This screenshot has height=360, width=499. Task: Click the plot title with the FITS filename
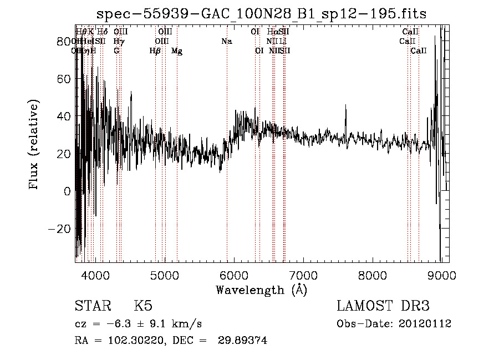click(262, 13)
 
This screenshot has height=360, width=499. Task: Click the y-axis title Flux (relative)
click(34, 145)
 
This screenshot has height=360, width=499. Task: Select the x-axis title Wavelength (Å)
click(261, 290)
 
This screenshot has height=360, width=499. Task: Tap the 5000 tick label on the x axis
click(165, 275)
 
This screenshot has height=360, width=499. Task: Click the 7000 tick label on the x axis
click(303, 275)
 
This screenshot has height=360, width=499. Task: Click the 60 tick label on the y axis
click(63, 79)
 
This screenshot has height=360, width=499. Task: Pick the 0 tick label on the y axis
click(67, 191)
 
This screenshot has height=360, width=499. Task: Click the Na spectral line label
click(226, 42)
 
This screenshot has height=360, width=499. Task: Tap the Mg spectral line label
click(177, 51)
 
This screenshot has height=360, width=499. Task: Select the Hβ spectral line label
click(155, 51)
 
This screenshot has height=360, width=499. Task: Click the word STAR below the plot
click(92, 306)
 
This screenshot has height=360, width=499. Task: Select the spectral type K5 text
click(143, 306)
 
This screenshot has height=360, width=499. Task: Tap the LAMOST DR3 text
click(383, 306)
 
